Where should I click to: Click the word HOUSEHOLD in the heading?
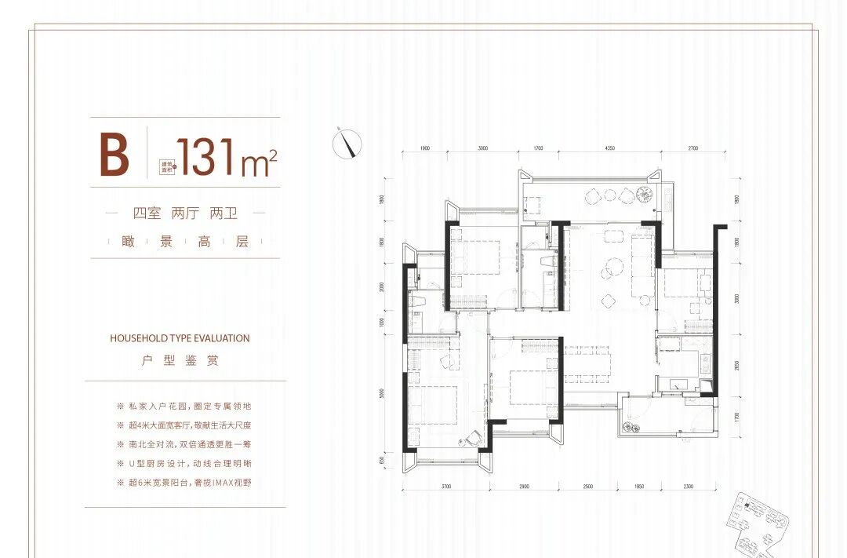139,338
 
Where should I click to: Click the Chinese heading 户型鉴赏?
180,361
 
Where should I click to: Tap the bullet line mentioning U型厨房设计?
183,462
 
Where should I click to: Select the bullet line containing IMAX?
183,481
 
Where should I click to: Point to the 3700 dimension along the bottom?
446,487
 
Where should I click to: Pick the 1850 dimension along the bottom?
639,487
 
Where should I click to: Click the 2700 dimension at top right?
693,148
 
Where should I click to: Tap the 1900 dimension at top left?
424,148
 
